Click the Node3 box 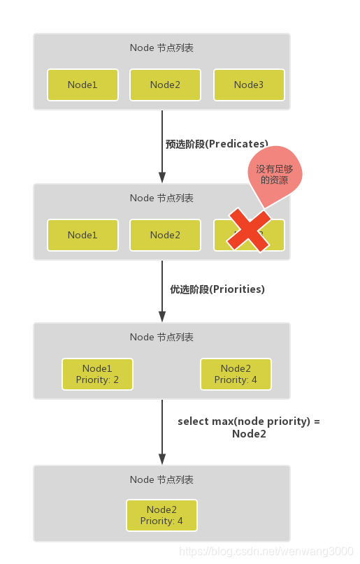point(249,85)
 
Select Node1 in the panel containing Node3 point(82,85)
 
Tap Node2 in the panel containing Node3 point(165,85)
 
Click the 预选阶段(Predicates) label point(217,144)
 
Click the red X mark point(248,229)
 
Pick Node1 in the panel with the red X point(82,235)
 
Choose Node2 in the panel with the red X point(165,235)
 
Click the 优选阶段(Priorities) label point(217,289)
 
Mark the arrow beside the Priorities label point(162,290)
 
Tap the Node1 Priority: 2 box point(97,374)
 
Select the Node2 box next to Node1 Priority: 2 point(236,374)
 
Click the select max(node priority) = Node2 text point(249,427)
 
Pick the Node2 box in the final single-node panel point(161,515)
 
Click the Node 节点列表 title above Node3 point(161,48)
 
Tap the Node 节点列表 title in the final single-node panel point(161,479)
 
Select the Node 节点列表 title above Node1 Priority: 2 point(161,337)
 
